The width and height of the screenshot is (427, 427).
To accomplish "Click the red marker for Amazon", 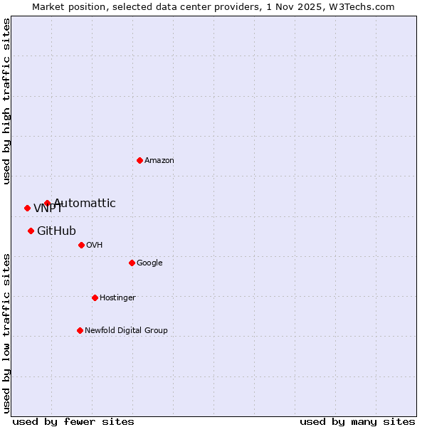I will point(139,160).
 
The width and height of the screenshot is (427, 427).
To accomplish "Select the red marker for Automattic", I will point(47,203).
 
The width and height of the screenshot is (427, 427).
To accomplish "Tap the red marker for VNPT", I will point(27,208).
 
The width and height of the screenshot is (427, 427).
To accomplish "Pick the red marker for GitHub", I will point(31,231).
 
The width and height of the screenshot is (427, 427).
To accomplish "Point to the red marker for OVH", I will point(81,245).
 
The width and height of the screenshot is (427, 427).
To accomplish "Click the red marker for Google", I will point(132,263).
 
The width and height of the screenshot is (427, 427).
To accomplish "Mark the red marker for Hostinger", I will point(95,297).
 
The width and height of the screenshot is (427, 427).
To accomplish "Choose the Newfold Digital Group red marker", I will point(80,330).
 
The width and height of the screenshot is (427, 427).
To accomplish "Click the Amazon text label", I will point(159,161).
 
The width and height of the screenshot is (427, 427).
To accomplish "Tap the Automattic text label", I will point(85,204).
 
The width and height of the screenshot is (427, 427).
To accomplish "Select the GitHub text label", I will point(56,231).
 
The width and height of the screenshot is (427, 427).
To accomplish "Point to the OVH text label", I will point(95,246).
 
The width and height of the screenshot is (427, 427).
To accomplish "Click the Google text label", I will point(149,263).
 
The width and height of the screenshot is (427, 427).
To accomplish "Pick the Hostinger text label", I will point(117,298).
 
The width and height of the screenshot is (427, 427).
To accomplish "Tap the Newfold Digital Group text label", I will point(126,331).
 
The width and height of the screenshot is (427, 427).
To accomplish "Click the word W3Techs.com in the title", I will point(364,7).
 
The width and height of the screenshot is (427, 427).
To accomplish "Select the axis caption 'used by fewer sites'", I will point(73,422).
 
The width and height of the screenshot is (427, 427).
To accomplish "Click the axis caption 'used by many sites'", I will point(357,422).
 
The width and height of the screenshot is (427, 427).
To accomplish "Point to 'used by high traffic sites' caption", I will point(7,101).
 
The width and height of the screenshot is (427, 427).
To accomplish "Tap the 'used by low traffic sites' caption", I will point(7,333).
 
